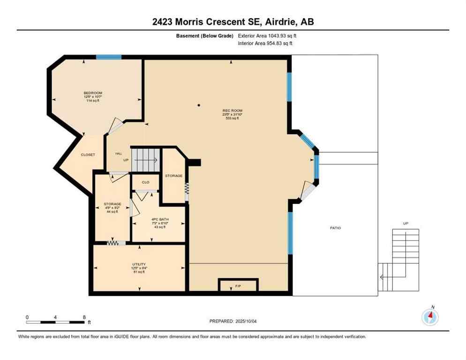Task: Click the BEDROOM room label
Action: [93, 93]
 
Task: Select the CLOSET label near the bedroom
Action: [88, 155]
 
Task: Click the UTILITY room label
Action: [138, 264]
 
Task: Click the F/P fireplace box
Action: [238, 285]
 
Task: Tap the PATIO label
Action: [335, 228]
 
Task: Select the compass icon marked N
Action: [430, 317]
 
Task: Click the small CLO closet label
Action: [145, 182]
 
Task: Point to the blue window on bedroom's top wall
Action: [109, 57]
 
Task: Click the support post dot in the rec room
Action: [199, 105]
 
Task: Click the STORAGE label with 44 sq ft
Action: [113, 204]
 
